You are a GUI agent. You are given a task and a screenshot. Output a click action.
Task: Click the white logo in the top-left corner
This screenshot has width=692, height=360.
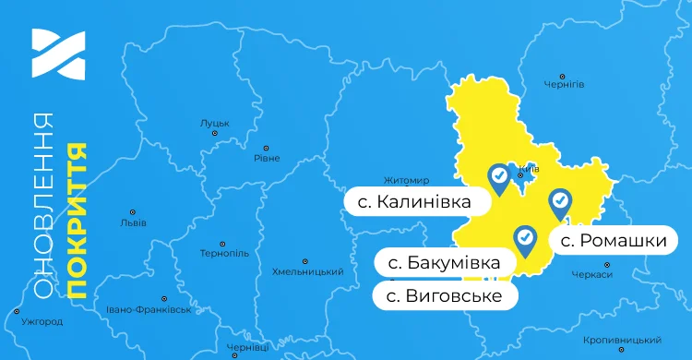pyautogui.click(x=58, y=54)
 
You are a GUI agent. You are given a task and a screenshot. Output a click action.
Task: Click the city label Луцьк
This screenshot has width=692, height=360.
pyautogui.click(x=215, y=122)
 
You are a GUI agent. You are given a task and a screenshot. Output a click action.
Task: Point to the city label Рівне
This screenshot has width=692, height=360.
pyautogui.click(x=267, y=158)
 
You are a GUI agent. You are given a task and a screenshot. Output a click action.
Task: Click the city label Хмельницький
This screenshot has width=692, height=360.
pyautogui.click(x=308, y=272)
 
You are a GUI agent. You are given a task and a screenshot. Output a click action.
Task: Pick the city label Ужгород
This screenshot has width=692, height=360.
pyautogui.click(x=42, y=322)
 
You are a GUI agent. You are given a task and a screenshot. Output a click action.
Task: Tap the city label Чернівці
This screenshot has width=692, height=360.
pyautogui.click(x=248, y=347)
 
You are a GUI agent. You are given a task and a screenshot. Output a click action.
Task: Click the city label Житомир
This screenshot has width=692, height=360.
pyautogui.click(x=407, y=180)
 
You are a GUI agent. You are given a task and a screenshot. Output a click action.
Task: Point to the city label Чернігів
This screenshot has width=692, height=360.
pyautogui.click(x=564, y=84)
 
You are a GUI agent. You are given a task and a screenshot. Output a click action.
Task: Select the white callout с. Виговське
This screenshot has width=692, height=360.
pyautogui.click(x=443, y=295)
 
